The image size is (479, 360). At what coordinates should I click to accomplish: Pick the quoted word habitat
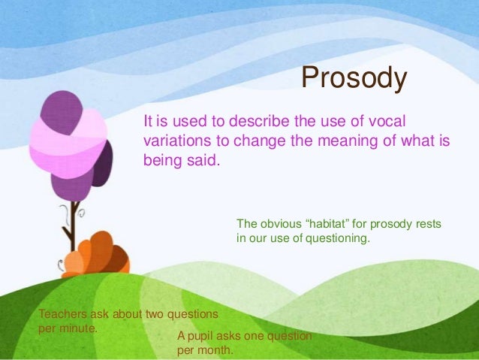pyautogui.click(x=341, y=225)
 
